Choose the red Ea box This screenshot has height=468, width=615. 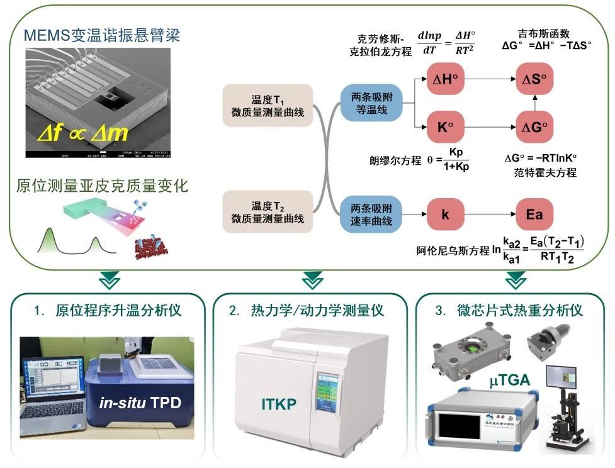pos(534,215)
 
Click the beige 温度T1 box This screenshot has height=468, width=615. pos(268,105)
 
